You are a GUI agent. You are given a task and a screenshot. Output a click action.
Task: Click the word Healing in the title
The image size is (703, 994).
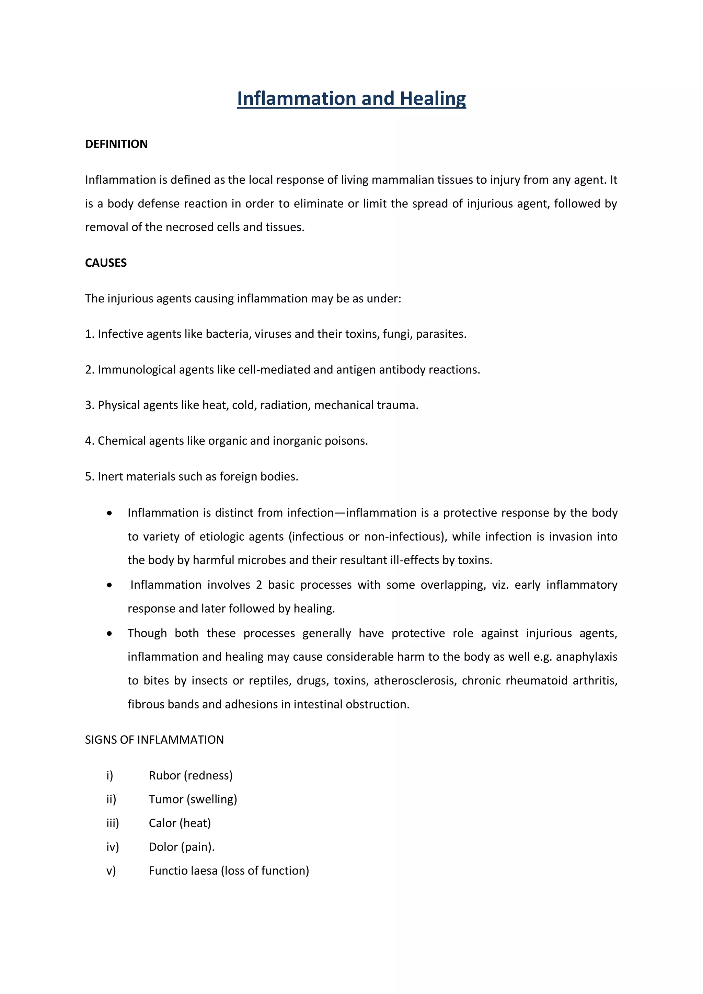[433, 99]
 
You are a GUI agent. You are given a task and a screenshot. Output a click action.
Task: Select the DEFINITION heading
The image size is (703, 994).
[116, 144]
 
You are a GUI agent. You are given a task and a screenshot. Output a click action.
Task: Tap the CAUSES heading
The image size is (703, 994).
[106, 263]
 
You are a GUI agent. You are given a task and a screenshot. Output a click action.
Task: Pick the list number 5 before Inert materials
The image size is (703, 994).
[89, 477]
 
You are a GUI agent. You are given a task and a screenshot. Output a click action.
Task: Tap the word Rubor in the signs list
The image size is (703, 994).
[164, 775]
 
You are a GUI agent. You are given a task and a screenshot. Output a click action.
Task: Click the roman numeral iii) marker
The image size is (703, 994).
[112, 823]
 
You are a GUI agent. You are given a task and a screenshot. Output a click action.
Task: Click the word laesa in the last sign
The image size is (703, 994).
[203, 871]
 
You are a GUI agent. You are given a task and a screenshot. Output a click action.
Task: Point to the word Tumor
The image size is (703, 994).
[166, 799]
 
